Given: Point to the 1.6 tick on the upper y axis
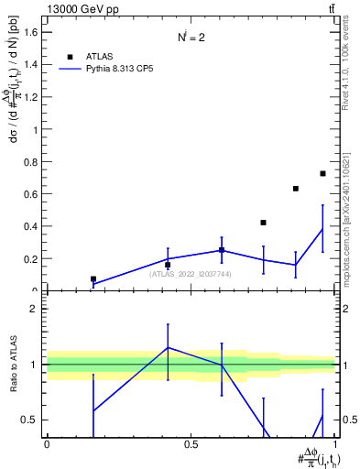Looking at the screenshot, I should [x=30, y=32].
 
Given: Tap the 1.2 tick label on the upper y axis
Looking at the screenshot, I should [x=30, y=97].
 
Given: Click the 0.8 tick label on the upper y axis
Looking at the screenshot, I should [x=30, y=162].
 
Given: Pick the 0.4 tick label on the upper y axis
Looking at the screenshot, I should [x=30, y=226].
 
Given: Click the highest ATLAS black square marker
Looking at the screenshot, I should [x=322, y=173].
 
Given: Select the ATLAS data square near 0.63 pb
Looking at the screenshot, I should [x=296, y=189].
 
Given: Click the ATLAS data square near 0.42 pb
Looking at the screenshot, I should [x=263, y=223].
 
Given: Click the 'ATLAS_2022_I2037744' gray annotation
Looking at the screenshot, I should [x=191, y=274].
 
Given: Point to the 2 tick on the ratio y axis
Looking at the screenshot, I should [x=34, y=309].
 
